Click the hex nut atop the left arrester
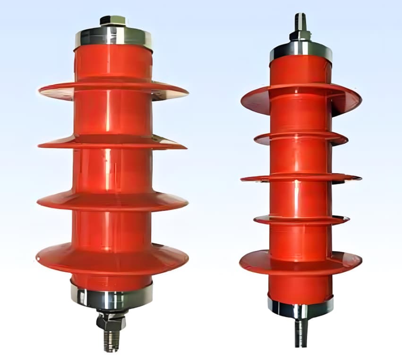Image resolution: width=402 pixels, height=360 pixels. (113, 21)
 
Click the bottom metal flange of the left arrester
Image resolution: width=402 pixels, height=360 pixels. (112, 297)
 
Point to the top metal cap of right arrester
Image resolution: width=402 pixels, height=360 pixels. (301, 49)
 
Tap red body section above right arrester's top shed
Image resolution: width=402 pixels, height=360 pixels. (301, 71)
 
